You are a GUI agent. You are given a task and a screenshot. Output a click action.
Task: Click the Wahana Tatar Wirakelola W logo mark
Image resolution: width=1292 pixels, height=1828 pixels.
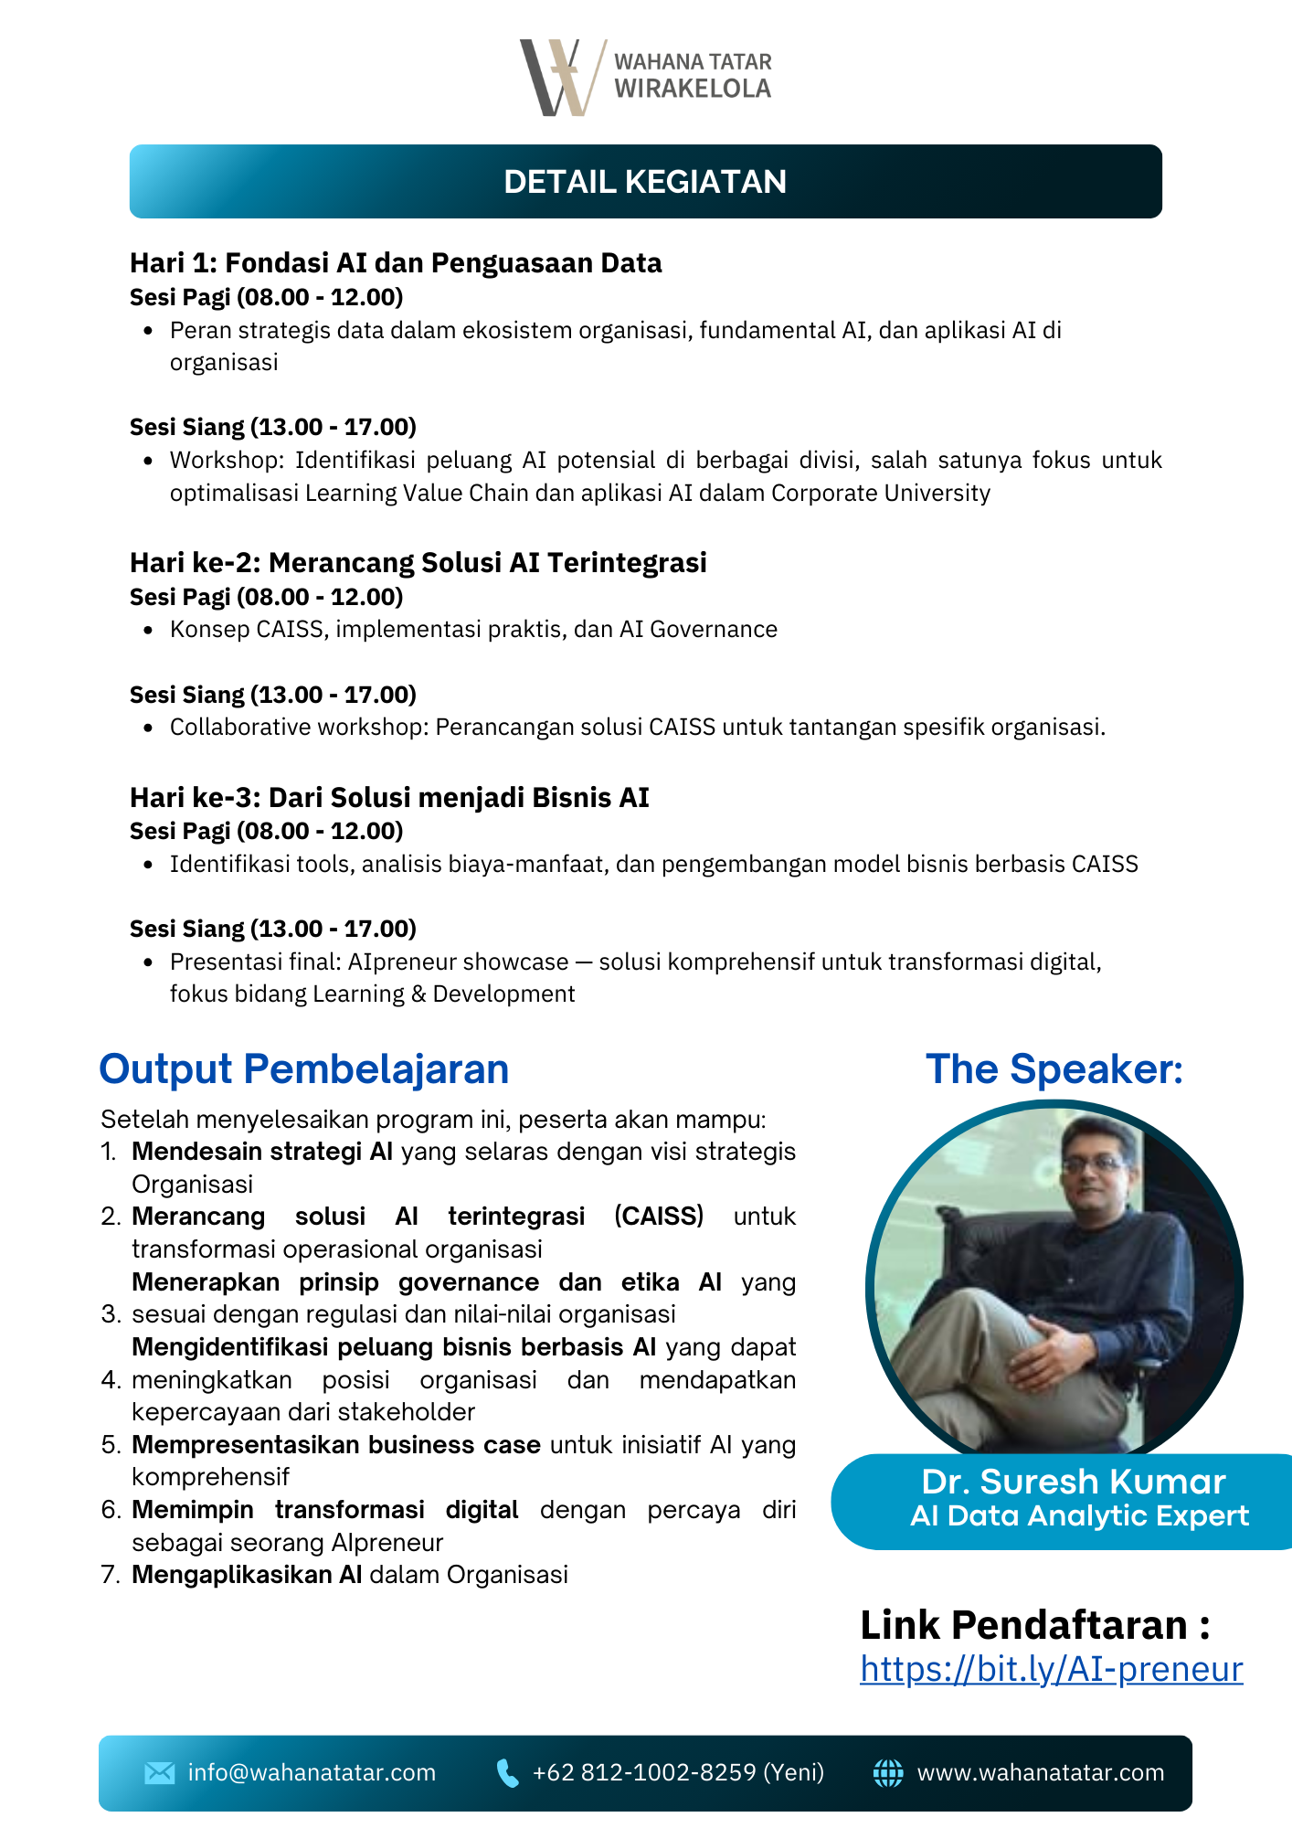[560, 78]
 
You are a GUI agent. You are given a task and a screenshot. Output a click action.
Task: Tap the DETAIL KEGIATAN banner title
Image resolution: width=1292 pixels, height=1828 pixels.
[645, 182]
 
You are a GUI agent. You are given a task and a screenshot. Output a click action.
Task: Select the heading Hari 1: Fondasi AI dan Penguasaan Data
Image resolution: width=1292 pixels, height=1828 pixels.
[396, 263]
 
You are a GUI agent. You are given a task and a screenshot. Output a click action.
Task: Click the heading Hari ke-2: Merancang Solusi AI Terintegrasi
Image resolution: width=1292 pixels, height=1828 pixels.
[418, 562]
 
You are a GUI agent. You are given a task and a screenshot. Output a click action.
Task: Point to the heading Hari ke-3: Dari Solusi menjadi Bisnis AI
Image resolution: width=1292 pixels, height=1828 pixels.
[389, 797]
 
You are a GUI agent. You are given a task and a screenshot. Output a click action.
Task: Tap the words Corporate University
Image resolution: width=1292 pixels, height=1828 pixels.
[881, 494]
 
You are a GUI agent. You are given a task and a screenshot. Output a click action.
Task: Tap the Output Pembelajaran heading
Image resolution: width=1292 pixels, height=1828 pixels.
[303, 1069]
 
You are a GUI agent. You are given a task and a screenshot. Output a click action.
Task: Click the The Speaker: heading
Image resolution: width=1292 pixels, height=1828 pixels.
[1054, 1069]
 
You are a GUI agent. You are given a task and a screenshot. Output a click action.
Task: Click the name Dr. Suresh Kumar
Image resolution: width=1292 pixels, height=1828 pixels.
[1073, 1482]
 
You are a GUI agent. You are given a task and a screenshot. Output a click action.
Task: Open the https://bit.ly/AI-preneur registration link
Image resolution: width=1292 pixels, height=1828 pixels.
[1051, 1669]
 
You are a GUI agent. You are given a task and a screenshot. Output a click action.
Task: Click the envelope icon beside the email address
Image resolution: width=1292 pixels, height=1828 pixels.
[159, 1773]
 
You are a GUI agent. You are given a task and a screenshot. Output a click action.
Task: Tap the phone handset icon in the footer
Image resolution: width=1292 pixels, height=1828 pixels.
[506, 1773]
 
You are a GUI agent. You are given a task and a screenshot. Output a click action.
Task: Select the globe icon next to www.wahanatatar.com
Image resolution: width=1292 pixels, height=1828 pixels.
[887, 1773]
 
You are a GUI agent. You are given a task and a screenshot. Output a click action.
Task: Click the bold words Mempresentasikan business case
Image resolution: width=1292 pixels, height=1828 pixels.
[335, 1445]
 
